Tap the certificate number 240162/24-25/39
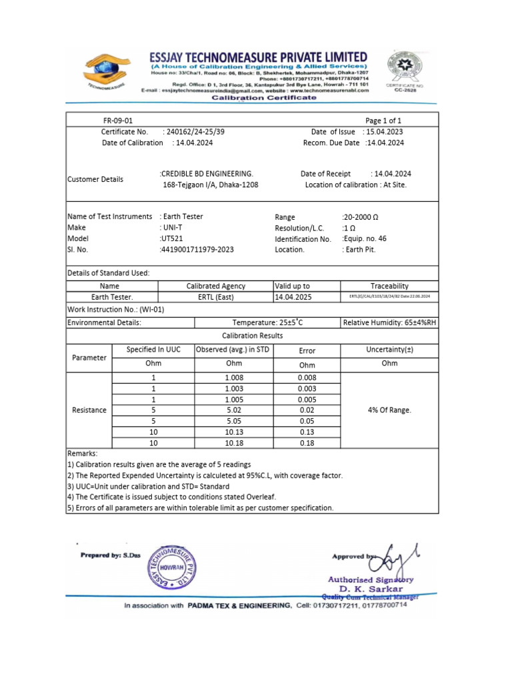[x=194, y=132]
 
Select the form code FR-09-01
[x=118, y=121]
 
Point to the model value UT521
[x=171, y=238]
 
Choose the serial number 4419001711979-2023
[x=197, y=249]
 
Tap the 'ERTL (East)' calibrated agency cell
[x=215, y=297]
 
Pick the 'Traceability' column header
[x=389, y=286]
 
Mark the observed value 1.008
[x=234, y=378]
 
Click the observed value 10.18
[x=234, y=442]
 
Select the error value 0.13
[x=307, y=432]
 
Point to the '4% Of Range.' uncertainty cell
[x=389, y=410]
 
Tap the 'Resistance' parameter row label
[x=89, y=410]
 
